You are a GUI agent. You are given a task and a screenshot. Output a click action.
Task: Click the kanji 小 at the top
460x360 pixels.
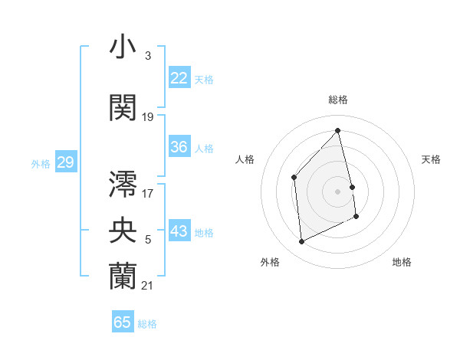pyautogui.click(x=123, y=48)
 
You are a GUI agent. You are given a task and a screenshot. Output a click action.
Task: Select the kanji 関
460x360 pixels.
pyautogui.click(x=123, y=108)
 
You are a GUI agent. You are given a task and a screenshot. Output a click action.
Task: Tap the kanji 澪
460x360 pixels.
pyautogui.click(x=123, y=185)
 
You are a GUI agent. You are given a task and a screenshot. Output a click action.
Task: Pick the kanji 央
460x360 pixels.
pyautogui.click(x=123, y=230)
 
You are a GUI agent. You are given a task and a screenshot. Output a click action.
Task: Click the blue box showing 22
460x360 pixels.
pyautogui.click(x=179, y=78)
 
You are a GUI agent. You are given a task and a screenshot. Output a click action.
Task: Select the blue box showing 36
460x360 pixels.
pyautogui.click(x=179, y=148)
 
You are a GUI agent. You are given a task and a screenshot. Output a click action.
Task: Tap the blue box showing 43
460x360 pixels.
pyautogui.click(x=179, y=232)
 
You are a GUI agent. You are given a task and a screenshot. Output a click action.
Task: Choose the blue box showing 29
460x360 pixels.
pyautogui.click(x=65, y=163)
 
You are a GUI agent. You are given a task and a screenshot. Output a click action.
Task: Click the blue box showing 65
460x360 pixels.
pyautogui.click(x=123, y=322)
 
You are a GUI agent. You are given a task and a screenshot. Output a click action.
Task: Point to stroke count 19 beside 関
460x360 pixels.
pyautogui.click(x=148, y=117)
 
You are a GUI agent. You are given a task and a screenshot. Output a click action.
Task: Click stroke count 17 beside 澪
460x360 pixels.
pyautogui.click(x=148, y=194)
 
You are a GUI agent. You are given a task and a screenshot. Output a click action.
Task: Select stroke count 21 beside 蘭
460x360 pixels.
pyautogui.click(x=148, y=285)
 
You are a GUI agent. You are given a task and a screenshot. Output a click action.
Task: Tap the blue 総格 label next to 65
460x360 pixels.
pyautogui.click(x=147, y=324)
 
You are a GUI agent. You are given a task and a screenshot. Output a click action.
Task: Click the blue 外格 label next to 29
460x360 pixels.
pyautogui.click(x=41, y=164)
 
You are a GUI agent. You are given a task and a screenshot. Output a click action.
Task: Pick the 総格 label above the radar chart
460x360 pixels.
pyautogui.click(x=338, y=100)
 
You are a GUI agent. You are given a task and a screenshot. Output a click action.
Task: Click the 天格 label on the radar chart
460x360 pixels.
pyautogui.click(x=432, y=159)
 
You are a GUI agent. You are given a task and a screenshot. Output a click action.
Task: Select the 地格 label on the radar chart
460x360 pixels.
pyautogui.click(x=402, y=263)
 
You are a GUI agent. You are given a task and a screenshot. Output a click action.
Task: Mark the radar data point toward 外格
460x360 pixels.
pyautogui.click(x=302, y=242)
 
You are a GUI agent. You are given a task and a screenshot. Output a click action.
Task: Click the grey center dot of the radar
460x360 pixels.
pyautogui.click(x=337, y=191)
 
